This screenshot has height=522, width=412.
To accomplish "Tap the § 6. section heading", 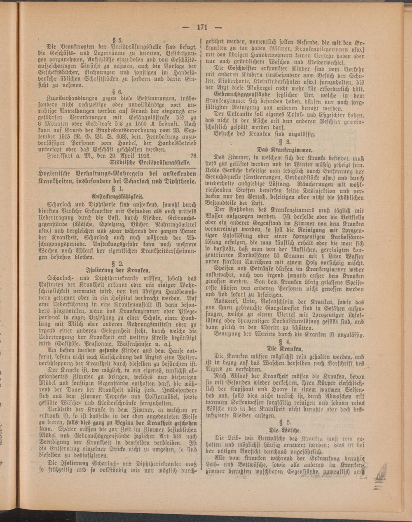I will click(x=118, y=92).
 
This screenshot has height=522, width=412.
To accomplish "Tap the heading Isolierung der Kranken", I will click(x=117, y=271).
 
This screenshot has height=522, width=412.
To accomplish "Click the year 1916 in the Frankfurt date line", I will click(x=142, y=156).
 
